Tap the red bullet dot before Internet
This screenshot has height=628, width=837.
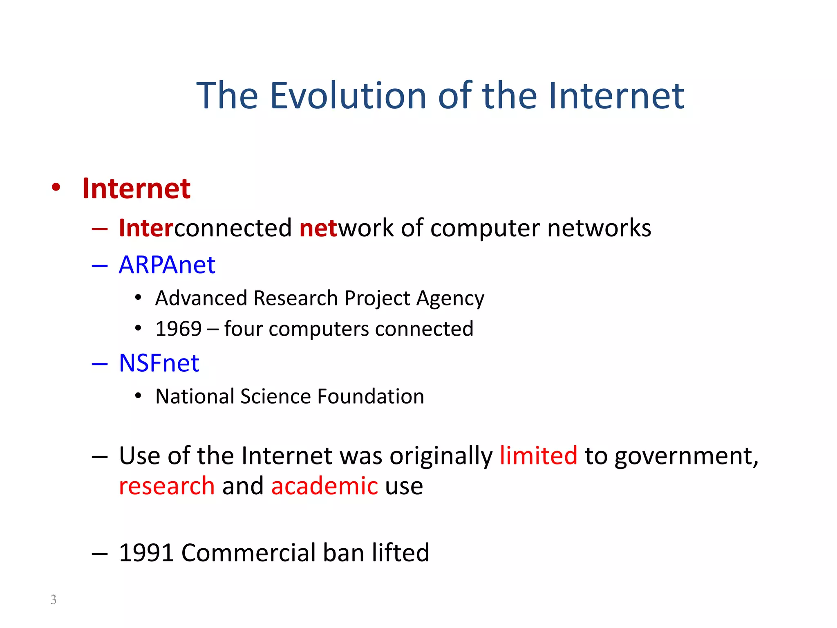pos(56,188)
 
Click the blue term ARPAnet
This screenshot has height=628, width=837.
pos(167,265)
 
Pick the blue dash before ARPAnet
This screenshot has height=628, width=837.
pos(99,266)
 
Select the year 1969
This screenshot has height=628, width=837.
pos(179,329)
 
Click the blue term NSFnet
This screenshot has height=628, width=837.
pos(159,363)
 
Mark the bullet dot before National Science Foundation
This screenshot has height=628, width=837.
pos(138,396)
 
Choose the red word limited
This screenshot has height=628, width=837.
pos(538,455)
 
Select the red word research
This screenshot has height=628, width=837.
pos(167,486)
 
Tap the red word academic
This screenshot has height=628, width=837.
pos(325,486)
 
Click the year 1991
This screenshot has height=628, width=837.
pos(146,553)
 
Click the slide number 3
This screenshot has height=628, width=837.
pos(53,599)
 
